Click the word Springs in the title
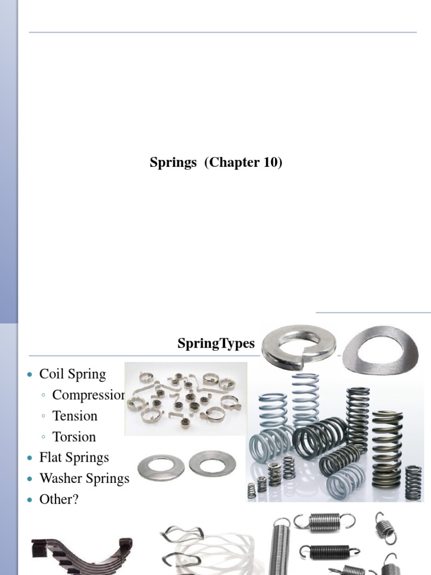[173, 163]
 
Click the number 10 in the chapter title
[269, 163]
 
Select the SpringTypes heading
[216, 344]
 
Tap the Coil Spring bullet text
[72, 375]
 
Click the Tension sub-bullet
[75, 416]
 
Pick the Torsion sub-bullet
[74, 437]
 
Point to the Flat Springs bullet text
[74, 458]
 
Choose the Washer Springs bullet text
[84, 478]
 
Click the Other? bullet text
[59, 499]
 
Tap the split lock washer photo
[299, 346]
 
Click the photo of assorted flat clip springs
[185, 399]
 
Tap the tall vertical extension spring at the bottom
[281, 547]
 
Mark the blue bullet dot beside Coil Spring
[31, 375]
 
